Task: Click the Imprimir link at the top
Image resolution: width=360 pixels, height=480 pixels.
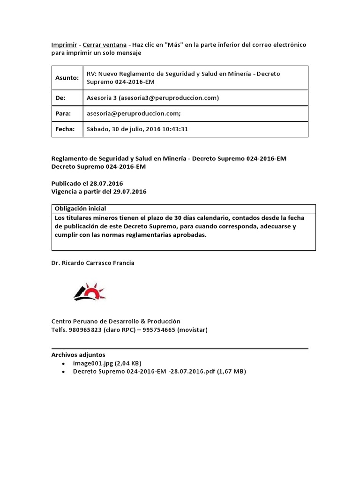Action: click(x=64, y=45)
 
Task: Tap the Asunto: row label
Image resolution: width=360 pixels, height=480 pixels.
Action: click(x=67, y=78)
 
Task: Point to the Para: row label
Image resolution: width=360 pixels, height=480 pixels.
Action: click(x=63, y=113)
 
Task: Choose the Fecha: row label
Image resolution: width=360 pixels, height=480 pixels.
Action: click(x=65, y=129)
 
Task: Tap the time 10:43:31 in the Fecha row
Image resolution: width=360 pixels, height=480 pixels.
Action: click(x=174, y=129)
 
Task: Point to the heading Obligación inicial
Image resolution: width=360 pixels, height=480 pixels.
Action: click(x=80, y=209)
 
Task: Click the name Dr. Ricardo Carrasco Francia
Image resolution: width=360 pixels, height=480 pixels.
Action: click(x=93, y=263)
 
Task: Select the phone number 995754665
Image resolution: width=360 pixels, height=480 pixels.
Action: click(x=159, y=330)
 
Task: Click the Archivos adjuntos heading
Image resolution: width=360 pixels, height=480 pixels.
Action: click(x=78, y=354)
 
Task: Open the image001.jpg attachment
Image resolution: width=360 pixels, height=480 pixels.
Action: click(x=107, y=363)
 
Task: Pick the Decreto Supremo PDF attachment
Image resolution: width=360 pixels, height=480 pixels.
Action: click(x=159, y=372)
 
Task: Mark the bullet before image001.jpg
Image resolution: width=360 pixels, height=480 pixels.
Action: click(x=63, y=364)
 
